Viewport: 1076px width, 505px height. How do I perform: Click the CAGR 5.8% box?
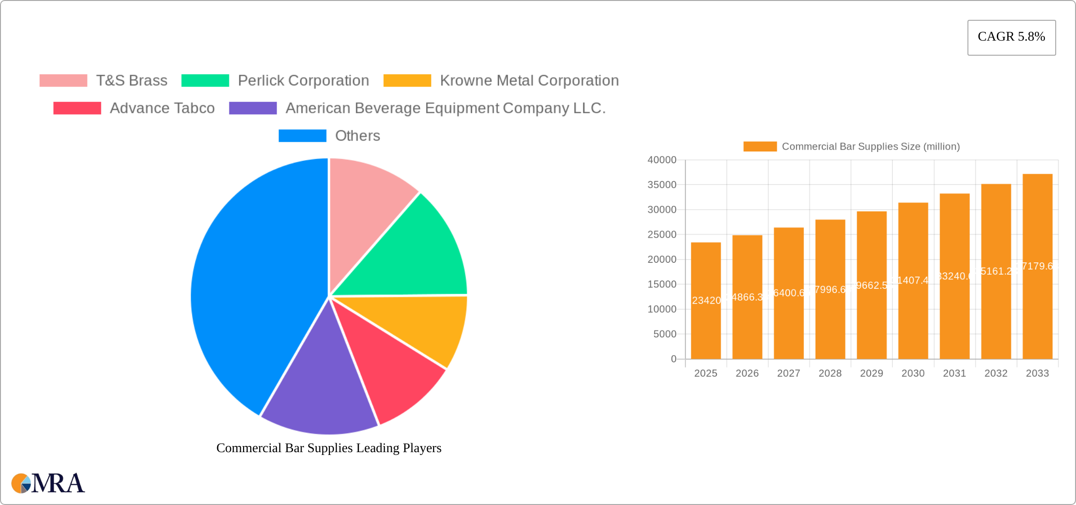pos(1011,37)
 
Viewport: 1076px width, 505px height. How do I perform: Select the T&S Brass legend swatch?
pos(63,81)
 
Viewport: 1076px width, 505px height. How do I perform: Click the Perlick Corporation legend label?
pos(303,81)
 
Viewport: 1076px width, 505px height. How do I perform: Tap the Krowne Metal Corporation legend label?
pos(529,81)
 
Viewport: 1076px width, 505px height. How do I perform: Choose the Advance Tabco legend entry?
pos(162,108)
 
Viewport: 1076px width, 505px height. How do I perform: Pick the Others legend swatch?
pos(302,136)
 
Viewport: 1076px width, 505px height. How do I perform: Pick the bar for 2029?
pos(872,285)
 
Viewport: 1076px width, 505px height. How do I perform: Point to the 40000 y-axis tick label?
pos(662,160)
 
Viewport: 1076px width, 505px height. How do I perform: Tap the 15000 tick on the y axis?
pos(662,284)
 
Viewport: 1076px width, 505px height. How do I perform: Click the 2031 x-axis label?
pos(954,373)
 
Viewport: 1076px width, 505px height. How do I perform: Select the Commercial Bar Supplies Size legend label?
pos(871,147)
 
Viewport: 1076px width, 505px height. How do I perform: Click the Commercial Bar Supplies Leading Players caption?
pos(329,448)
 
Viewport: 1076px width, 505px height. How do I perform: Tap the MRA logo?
pos(48,483)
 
